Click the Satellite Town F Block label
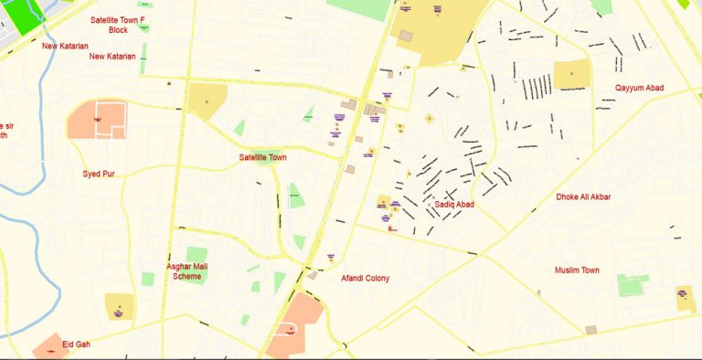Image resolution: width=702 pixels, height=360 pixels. pos(117,24)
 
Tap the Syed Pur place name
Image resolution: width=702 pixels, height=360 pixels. pos(99,173)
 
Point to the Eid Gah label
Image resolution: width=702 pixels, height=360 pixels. pos(77,344)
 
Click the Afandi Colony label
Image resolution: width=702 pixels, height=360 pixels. pos(365,278)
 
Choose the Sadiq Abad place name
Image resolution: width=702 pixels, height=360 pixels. pos(454,205)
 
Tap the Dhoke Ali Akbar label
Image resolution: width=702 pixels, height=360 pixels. pos(583,196)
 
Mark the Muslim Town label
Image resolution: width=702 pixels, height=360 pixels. pos(577,270)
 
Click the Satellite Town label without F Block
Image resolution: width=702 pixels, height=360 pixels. pos(263,157)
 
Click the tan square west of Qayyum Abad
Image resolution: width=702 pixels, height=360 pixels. pos(571,75)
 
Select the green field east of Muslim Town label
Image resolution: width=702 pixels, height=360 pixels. pos(632,285)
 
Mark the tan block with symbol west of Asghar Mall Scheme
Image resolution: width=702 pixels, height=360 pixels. pos(119,306)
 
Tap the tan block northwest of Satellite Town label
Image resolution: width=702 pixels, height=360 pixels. pos(207,101)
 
